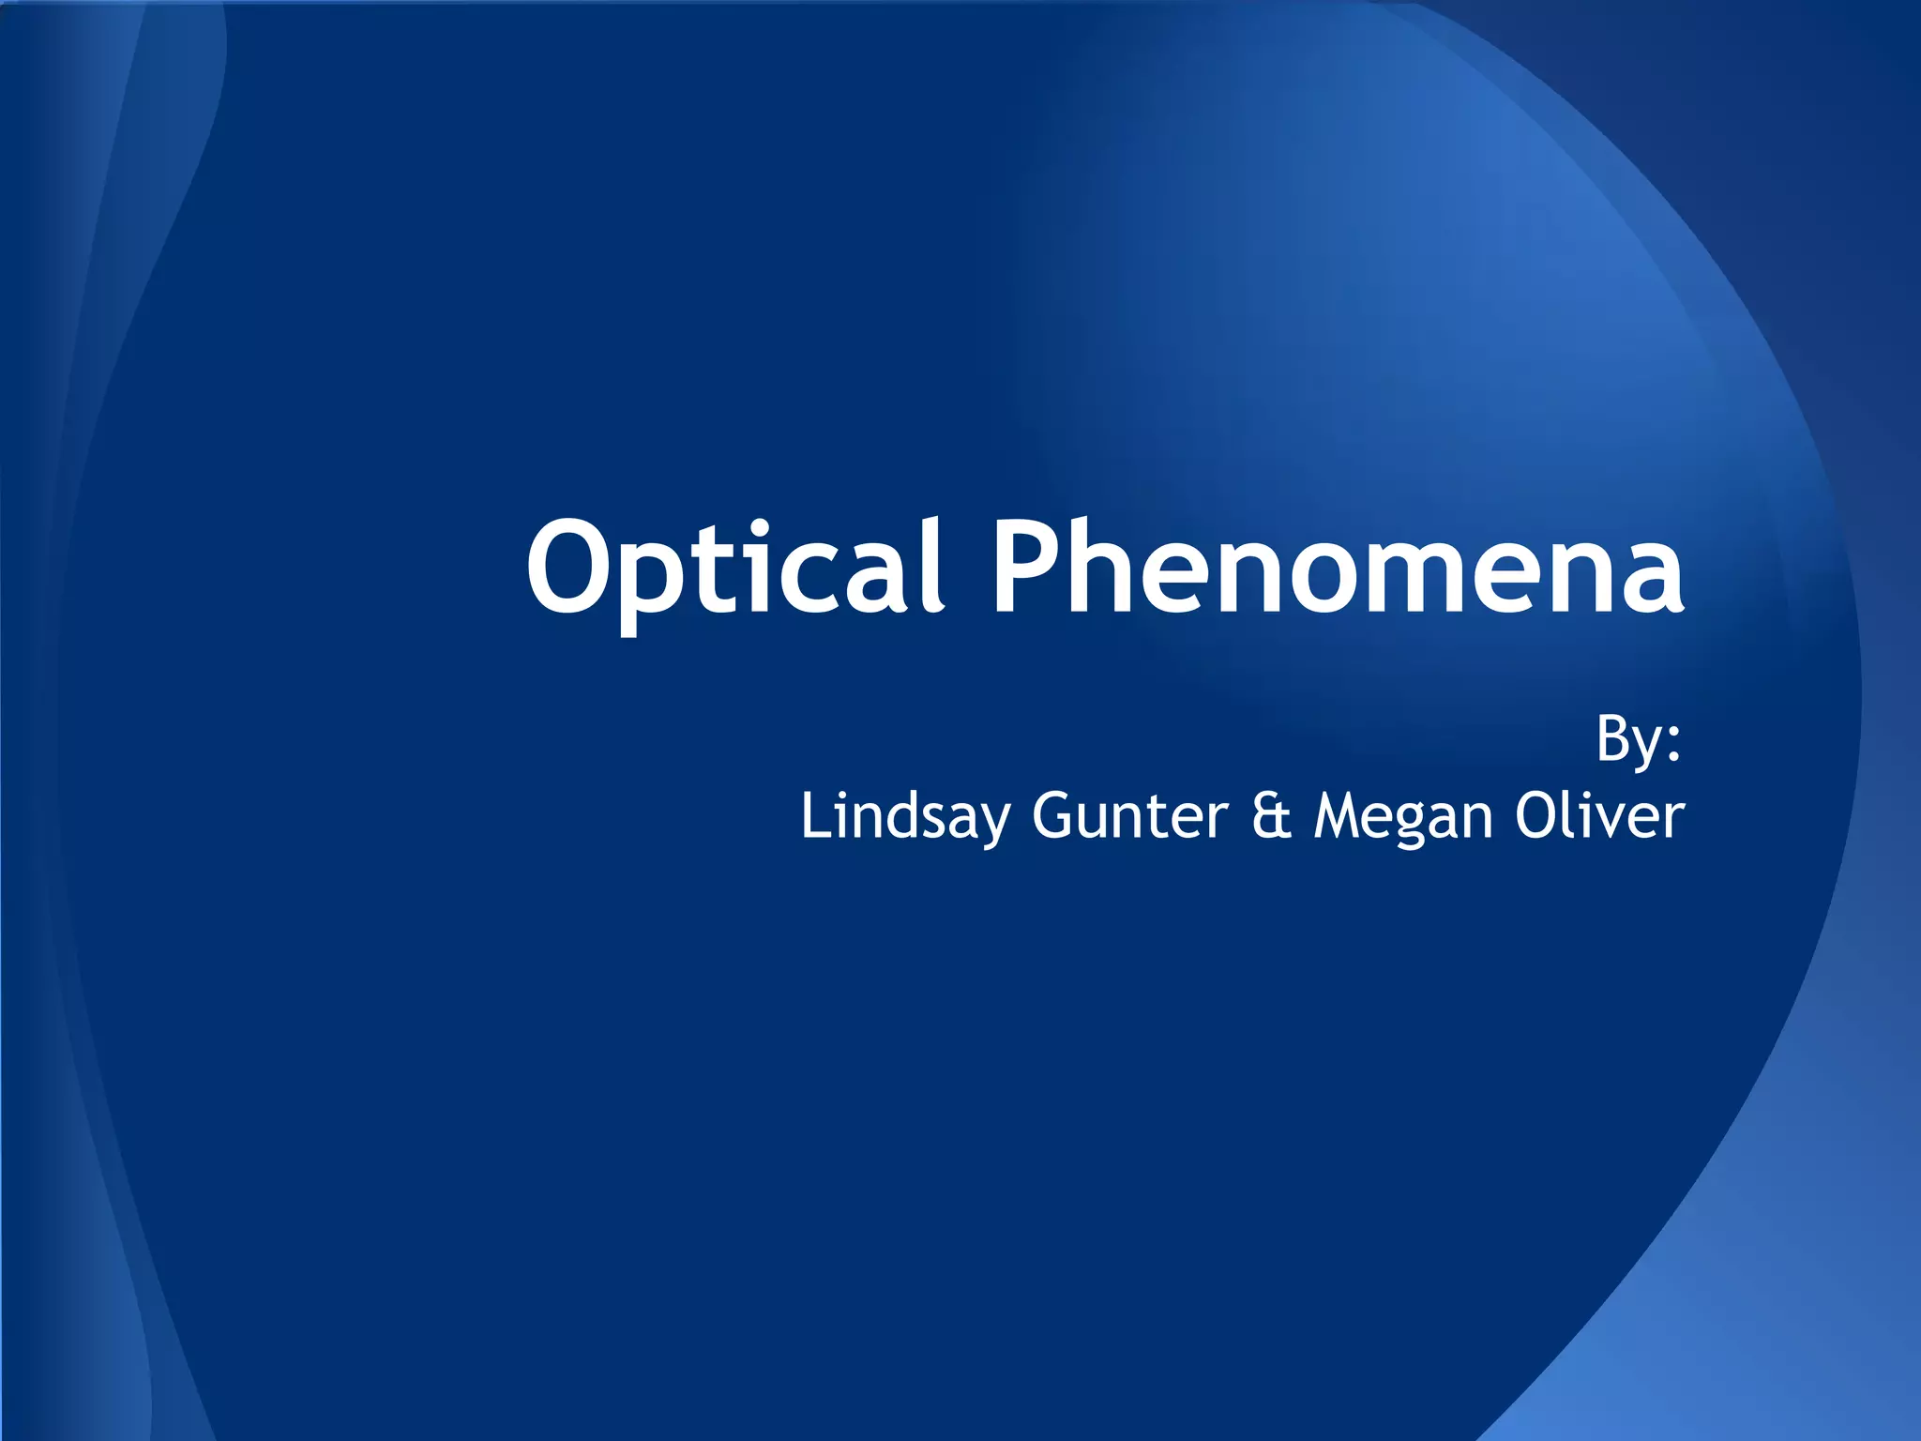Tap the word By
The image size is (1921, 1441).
1627,739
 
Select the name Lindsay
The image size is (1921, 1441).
906,816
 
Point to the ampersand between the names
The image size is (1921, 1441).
1271,816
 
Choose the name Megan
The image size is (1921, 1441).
1401,816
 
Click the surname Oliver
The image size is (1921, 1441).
1598,816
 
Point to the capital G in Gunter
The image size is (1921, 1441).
1052,816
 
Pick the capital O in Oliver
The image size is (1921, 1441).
1537,816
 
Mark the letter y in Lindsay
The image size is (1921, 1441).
997,826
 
